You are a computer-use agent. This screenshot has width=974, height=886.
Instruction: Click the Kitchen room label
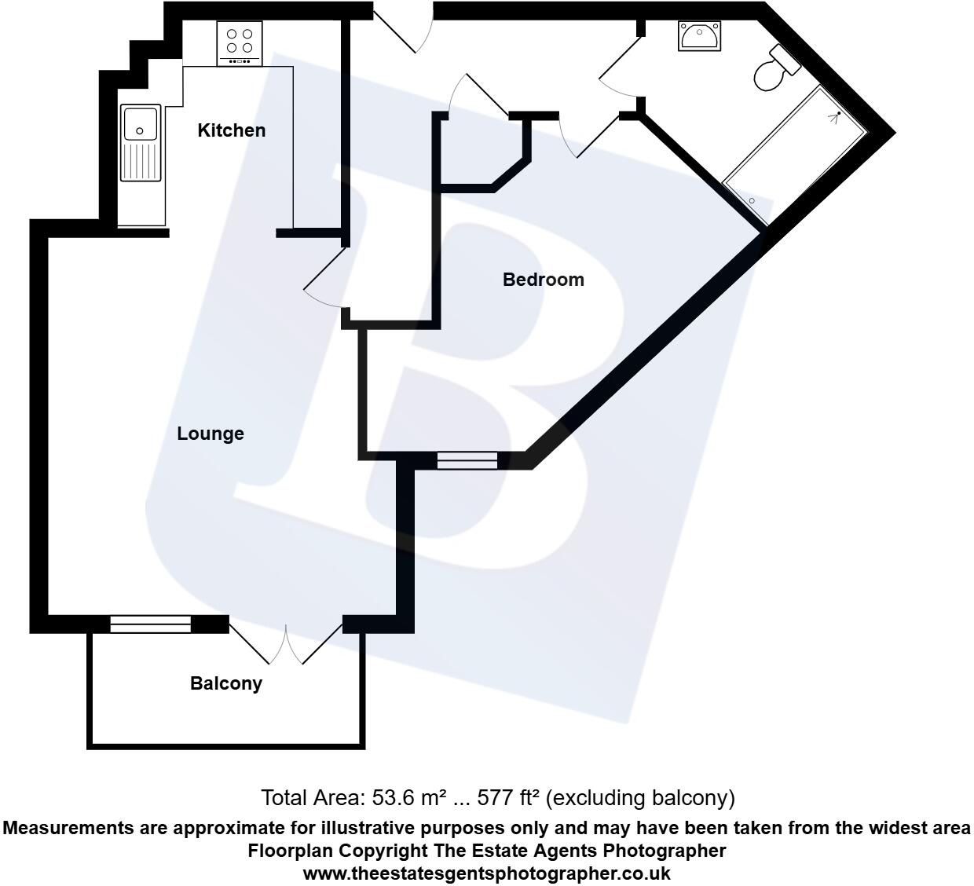pyautogui.click(x=231, y=130)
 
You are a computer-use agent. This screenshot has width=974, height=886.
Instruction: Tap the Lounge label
pyautogui.click(x=210, y=434)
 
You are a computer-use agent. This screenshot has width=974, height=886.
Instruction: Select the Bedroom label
pyautogui.click(x=543, y=280)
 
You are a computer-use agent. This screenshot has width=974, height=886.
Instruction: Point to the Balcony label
pyautogui.click(x=225, y=683)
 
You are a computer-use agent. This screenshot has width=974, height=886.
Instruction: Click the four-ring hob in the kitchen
pyautogui.click(x=240, y=44)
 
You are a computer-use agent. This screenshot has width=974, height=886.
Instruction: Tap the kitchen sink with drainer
pyautogui.click(x=141, y=143)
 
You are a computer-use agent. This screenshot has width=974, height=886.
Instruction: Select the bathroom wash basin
pyautogui.click(x=699, y=36)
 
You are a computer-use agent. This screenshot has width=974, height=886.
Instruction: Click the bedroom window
pyautogui.click(x=467, y=460)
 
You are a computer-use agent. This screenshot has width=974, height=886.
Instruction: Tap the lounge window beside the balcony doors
pyautogui.click(x=150, y=624)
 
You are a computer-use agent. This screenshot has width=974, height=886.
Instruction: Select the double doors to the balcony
pyautogui.click(x=287, y=644)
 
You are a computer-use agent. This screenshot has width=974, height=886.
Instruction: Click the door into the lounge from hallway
pyautogui.click(x=324, y=279)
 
